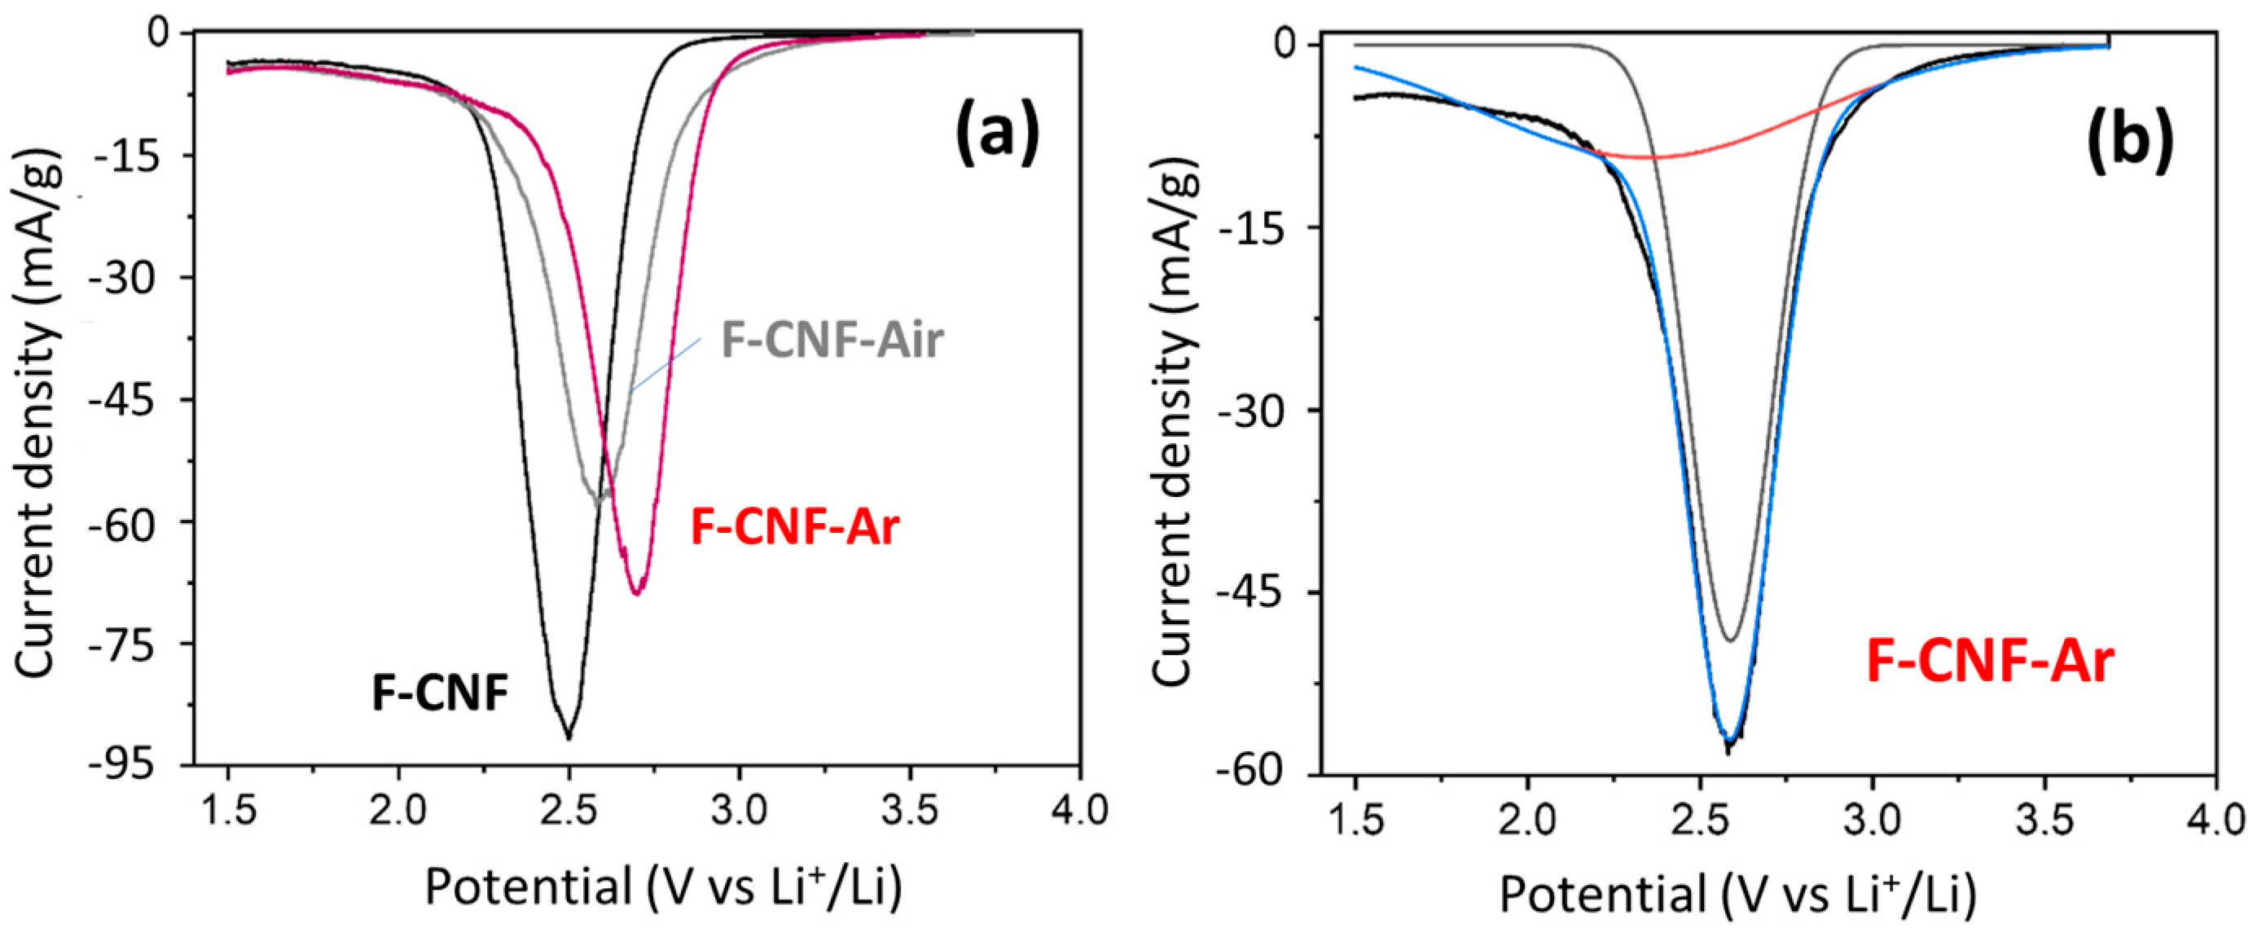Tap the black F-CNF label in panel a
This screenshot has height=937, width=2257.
tap(440, 693)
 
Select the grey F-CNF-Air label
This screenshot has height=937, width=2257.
tap(832, 340)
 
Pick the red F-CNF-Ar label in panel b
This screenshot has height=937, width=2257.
tap(1990, 661)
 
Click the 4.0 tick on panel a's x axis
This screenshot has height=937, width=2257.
tap(1079, 811)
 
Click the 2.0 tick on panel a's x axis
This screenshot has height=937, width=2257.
tap(398, 811)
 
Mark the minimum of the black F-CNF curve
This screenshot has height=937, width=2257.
tap(569, 738)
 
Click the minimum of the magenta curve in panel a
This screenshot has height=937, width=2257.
tap(637, 594)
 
